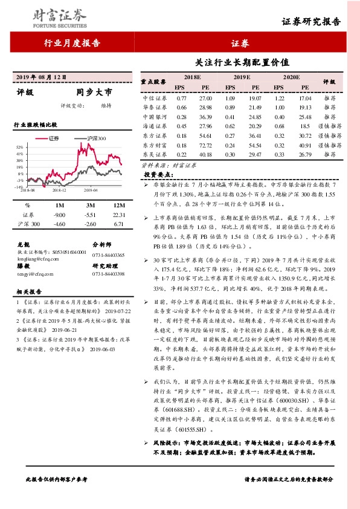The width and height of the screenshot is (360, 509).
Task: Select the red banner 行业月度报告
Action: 72,43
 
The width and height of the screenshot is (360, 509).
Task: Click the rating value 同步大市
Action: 94,94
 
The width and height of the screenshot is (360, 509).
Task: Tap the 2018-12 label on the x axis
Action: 59,190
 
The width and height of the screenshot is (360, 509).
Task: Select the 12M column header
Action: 118,205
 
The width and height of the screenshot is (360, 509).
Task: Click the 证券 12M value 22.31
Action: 118,215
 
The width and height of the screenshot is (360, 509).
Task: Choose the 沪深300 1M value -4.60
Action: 59,224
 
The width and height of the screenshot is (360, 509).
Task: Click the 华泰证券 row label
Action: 154,106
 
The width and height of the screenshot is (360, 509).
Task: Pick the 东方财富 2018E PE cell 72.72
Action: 206,145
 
